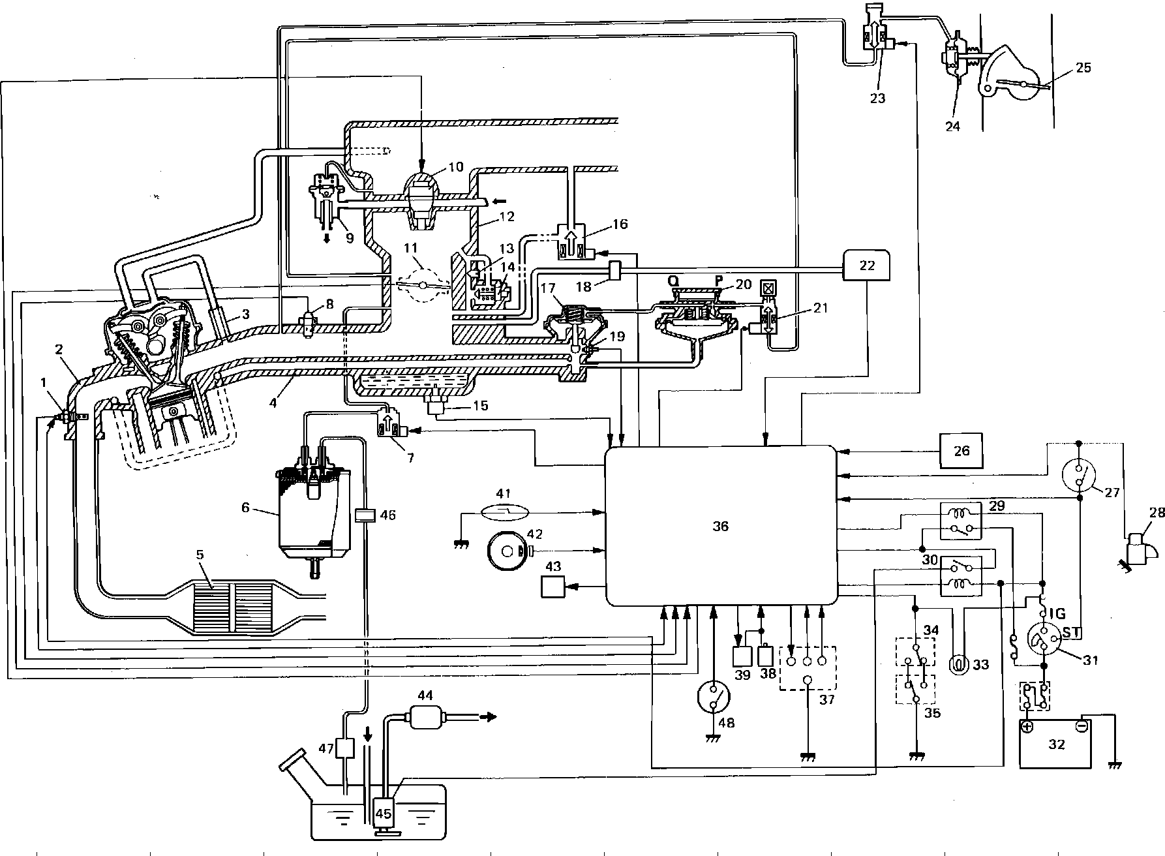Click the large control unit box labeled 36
click(720, 525)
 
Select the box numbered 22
click(867, 265)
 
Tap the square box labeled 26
click(961, 450)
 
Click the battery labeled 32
click(1055, 744)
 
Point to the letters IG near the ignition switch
click(1057, 613)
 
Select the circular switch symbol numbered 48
click(714, 701)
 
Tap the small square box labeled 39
click(743, 656)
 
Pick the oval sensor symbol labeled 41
click(503, 513)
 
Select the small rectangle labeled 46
click(364, 515)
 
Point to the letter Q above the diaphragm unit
click(674, 281)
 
